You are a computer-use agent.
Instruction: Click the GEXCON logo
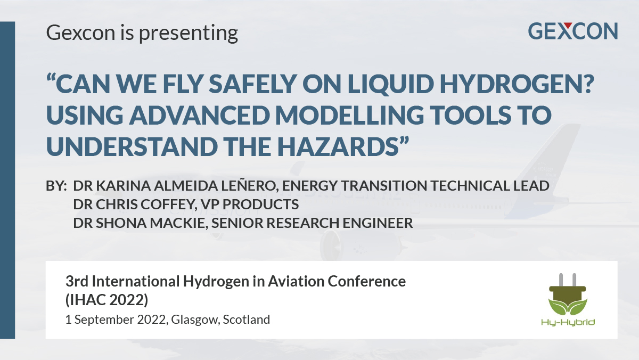pos(573,31)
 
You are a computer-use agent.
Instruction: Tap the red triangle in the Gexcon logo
pos(568,26)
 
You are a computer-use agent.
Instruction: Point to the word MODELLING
pos(349,115)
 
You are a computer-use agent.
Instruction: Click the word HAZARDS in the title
pos(338,146)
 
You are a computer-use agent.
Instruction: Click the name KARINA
pos(123,186)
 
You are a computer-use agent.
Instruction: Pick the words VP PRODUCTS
pos(250,204)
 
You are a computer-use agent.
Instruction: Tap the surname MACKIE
pos(179,223)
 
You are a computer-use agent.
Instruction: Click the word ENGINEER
pos(378,223)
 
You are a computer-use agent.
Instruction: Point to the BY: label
pos(56,186)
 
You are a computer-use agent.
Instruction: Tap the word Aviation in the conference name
pos(296,281)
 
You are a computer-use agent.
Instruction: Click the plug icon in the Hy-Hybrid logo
pos(568,294)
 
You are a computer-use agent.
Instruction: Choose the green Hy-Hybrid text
pos(568,323)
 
